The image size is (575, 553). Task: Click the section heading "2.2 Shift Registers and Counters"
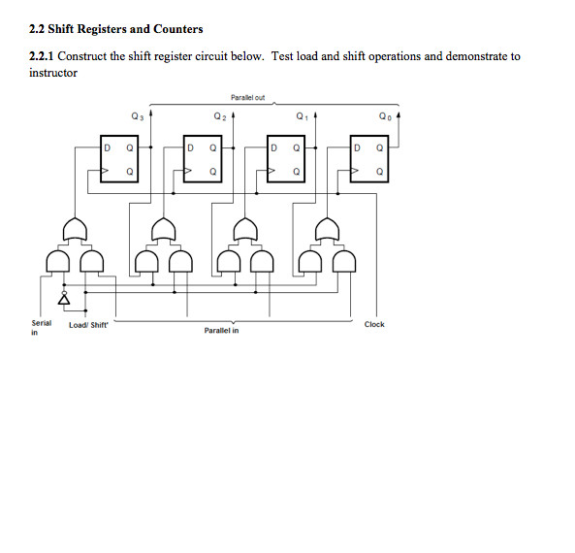tap(116, 30)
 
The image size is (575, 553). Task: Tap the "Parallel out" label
tap(248, 97)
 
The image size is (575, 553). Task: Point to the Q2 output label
tap(220, 116)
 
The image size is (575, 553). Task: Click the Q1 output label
tap(303, 116)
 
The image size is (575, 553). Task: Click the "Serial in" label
tap(41, 327)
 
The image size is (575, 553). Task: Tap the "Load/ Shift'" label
tap(89, 325)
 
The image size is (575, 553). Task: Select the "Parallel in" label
tap(221, 331)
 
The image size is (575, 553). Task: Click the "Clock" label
tap(374, 324)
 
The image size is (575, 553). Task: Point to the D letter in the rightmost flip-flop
tap(357, 148)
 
